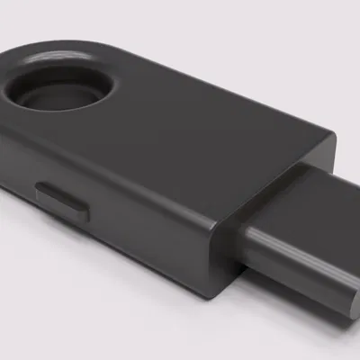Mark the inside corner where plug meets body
pos(243,234)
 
